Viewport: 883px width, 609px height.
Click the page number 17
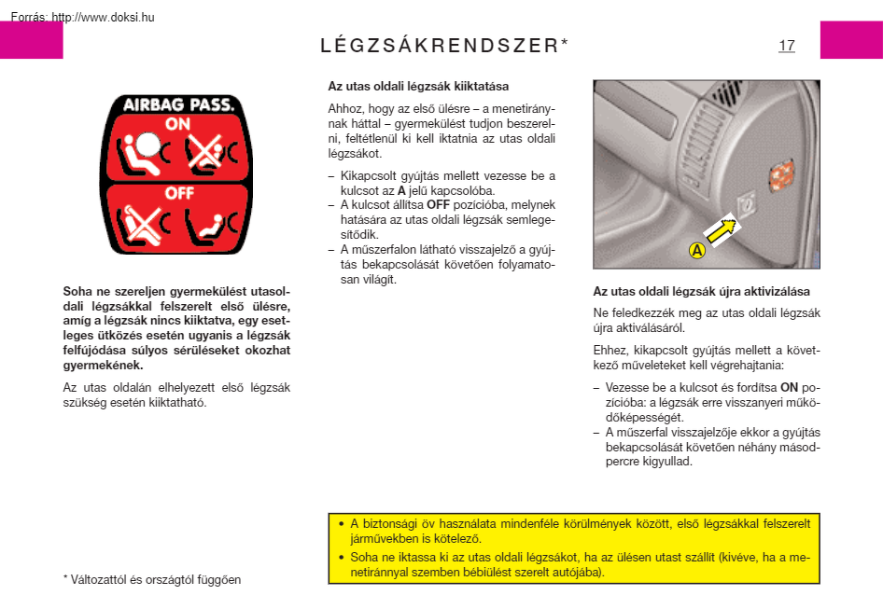786,45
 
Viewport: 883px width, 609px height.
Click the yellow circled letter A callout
696,250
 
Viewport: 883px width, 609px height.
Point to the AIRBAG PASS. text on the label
178,104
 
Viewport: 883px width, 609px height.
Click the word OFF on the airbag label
178,193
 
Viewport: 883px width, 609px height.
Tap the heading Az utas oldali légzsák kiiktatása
418,86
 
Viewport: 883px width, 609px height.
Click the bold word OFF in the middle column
439,204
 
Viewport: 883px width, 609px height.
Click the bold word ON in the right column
789,387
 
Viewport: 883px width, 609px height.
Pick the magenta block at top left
31,40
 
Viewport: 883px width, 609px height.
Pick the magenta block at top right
850,40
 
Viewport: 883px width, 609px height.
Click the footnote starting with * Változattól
152,579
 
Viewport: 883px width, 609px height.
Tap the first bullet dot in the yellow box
341,523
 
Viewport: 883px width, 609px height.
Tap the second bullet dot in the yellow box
341,557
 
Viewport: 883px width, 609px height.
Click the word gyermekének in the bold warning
103,365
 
